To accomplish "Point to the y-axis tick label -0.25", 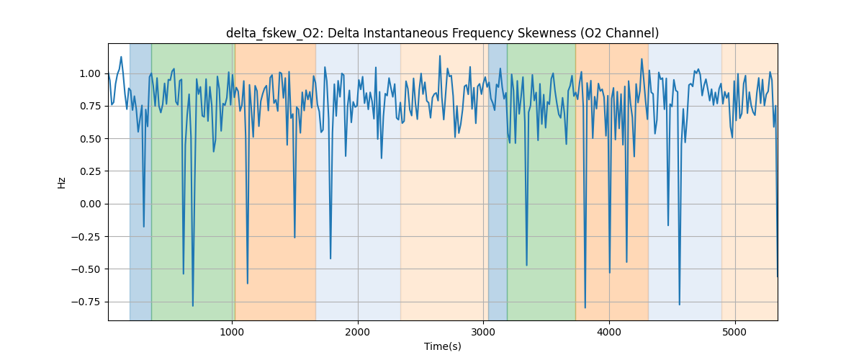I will pyautogui.click(x=89, y=236).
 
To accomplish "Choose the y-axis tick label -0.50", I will pyautogui.click(x=89, y=269).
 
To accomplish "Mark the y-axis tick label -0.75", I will pyautogui.click(x=89, y=302).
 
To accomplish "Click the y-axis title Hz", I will pyautogui.click(x=62, y=182).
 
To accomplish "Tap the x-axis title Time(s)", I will pyautogui.click(x=442, y=346).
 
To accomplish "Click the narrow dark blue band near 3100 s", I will pyautogui.click(x=498, y=180).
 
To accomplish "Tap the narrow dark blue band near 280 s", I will pyautogui.click(x=140, y=180).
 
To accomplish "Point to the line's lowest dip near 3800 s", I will pyautogui.click(x=585, y=307).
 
